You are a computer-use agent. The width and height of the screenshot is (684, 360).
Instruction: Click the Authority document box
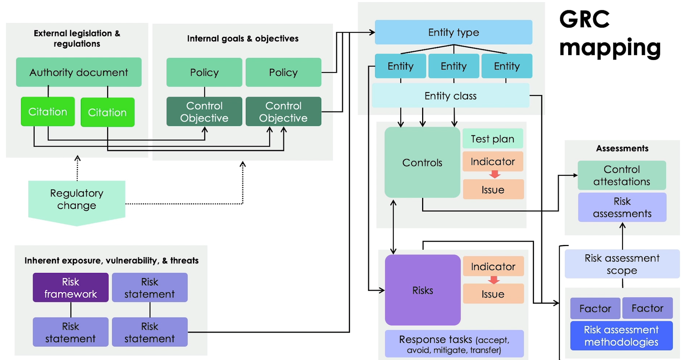click(x=79, y=72)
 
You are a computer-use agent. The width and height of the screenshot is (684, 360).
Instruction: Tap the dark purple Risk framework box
click(x=71, y=288)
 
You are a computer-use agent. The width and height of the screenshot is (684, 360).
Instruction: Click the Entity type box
click(x=453, y=32)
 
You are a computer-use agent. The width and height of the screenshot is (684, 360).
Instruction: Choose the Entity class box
click(x=451, y=96)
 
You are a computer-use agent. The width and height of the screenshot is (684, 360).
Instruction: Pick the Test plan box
click(x=492, y=139)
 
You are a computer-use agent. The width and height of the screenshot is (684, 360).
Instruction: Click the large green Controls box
click(x=422, y=162)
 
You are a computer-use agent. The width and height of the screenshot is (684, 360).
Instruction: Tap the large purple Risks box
click(x=422, y=290)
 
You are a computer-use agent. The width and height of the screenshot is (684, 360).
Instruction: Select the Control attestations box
click(x=622, y=175)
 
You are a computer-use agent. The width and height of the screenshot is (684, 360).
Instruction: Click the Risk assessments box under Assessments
click(x=622, y=207)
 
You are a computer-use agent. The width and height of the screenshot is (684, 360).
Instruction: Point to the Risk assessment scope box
click(x=622, y=264)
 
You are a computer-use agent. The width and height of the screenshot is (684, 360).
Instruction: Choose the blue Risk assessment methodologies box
click(x=621, y=336)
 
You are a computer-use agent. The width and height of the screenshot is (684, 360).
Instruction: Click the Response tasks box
click(x=454, y=344)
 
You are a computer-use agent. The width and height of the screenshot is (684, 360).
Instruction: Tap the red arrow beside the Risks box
click(x=494, y=280)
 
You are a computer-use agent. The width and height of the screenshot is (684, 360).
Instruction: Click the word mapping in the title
click(x=610, y=48)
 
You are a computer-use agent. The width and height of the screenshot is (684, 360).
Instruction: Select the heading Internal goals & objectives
click(x=243, y=39)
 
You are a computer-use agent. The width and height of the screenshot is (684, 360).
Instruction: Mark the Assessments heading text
click(x=622, y=149)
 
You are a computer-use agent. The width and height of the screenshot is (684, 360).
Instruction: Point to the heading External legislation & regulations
click(x=77, y=39)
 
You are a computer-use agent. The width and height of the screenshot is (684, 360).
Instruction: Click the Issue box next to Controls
click(x=493, y=190)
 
